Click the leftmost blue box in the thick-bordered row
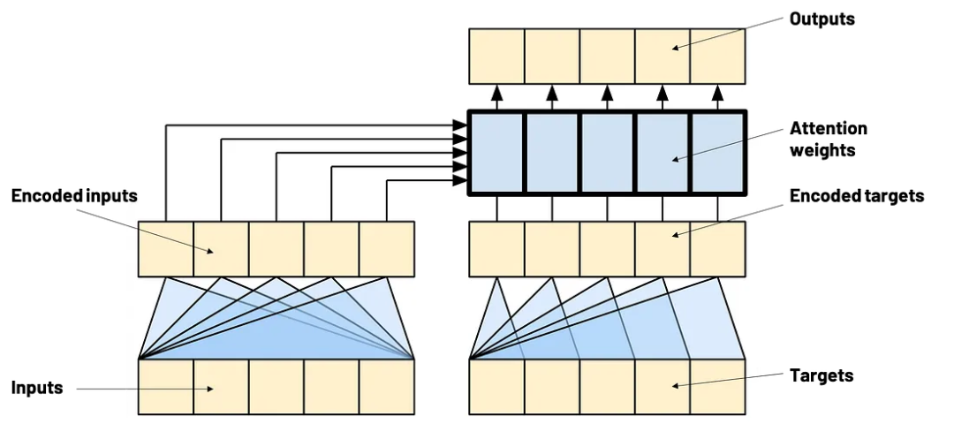click(x=496, y=152)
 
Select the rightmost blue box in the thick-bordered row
click(x=717, y=152)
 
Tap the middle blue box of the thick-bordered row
click(x=607, y=152)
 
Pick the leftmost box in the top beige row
click(x=496, y=57)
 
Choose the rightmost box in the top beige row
click(x=717, y=57)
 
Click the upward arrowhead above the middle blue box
click(x=607, y=93)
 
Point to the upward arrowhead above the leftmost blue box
click(x=496, y=93)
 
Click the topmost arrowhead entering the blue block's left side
click(x=460, y=126)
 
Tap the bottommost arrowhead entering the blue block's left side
click(x=460, y=181)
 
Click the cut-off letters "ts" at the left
click(x=131, y=197)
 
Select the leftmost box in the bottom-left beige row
click(x=166, y=387)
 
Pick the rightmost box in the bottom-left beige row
click(x=387, y=387)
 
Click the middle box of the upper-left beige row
click(x=276, y=249)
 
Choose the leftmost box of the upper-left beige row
click(x=166, y=249)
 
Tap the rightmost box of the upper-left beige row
click(x=387, y=249)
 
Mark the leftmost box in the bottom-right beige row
click(x=496, y=387)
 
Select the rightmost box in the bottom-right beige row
click(x=717, y=387)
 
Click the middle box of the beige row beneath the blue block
click(x=607, y=249)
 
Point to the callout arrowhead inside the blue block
click(x=675, y=160)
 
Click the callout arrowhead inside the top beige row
click(x=675, y=48)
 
